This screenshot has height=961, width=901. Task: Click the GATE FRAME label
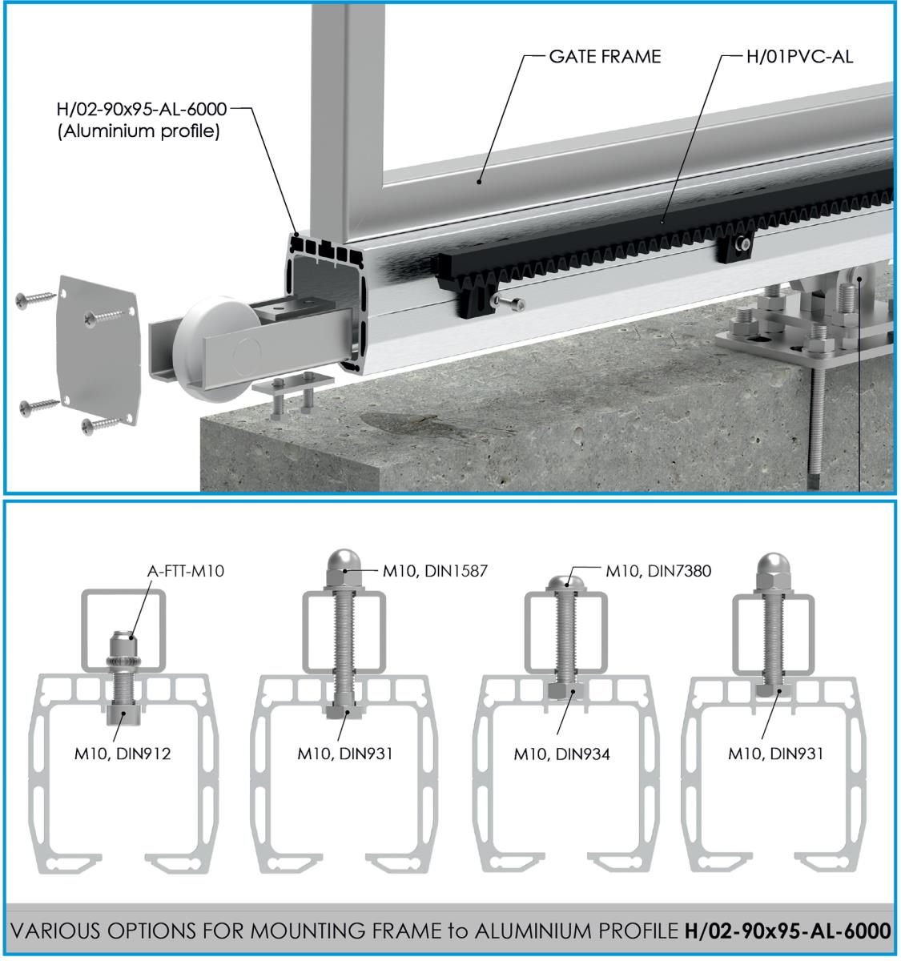pos(604,57)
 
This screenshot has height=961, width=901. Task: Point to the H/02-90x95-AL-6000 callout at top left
pos(142,109)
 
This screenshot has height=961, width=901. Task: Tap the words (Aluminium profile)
pos(138,131)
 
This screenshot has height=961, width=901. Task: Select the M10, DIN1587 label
pos(434,570)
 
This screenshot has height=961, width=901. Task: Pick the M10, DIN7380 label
pos(658,570)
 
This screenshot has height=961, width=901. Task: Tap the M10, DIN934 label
pos(562,753)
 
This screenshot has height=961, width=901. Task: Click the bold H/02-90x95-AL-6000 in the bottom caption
pos(787,931)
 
